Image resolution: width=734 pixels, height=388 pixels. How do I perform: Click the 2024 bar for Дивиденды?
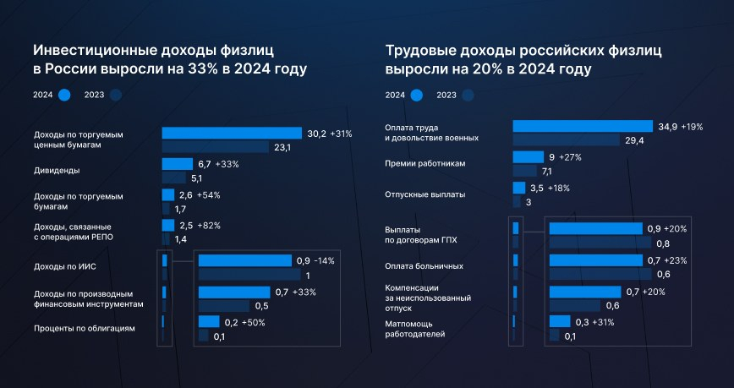click(177, 164)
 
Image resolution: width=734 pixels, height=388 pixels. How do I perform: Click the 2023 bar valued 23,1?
click(216, 148)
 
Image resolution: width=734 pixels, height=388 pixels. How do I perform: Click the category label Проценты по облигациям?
click(85, 328)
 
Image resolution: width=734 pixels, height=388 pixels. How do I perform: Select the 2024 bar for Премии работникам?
click(528, 156)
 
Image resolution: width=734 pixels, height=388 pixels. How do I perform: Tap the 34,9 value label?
click(667, 127)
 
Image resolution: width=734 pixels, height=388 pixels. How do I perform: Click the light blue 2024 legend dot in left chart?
click(65, 96)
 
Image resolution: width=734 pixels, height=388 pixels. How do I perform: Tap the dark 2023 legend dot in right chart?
click(468, 96)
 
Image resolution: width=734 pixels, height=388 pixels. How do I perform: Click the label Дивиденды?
click(57, 171)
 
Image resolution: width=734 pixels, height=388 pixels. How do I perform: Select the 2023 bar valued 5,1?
click(173, 178)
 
